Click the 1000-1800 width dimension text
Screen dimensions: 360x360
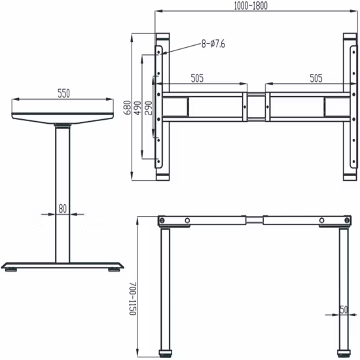(x=251, y=6)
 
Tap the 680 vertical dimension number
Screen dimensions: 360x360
(x=127, y=107)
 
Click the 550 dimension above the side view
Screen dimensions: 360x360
(x=63, y=94)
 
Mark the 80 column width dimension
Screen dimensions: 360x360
(x=63, y=209)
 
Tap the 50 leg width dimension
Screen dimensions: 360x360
(x=343, y=309)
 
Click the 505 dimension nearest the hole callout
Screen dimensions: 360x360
(x=197, y=78)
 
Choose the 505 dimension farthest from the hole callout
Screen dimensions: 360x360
(x=315, y=78)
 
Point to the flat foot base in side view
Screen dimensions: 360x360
(x=63, y=265)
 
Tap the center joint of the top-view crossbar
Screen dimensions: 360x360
(x=256, y=107)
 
